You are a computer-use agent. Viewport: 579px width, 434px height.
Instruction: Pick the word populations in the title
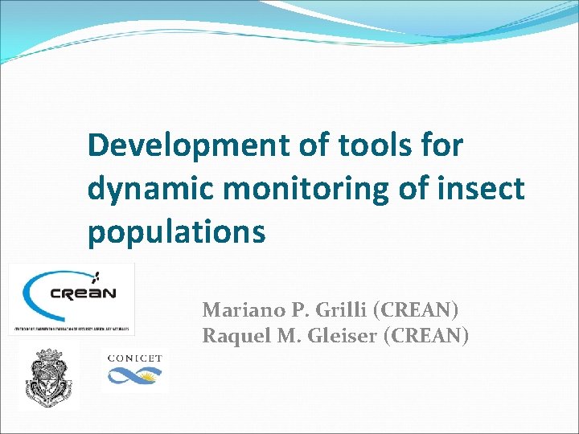point(176,232)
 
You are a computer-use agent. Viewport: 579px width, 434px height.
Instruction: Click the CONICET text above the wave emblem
point(134,358)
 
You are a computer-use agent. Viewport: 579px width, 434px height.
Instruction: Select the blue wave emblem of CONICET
point(134,375)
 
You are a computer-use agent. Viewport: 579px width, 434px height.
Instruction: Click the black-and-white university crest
point(48,377)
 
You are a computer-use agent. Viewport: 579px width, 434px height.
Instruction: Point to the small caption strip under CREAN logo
point(72,329)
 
